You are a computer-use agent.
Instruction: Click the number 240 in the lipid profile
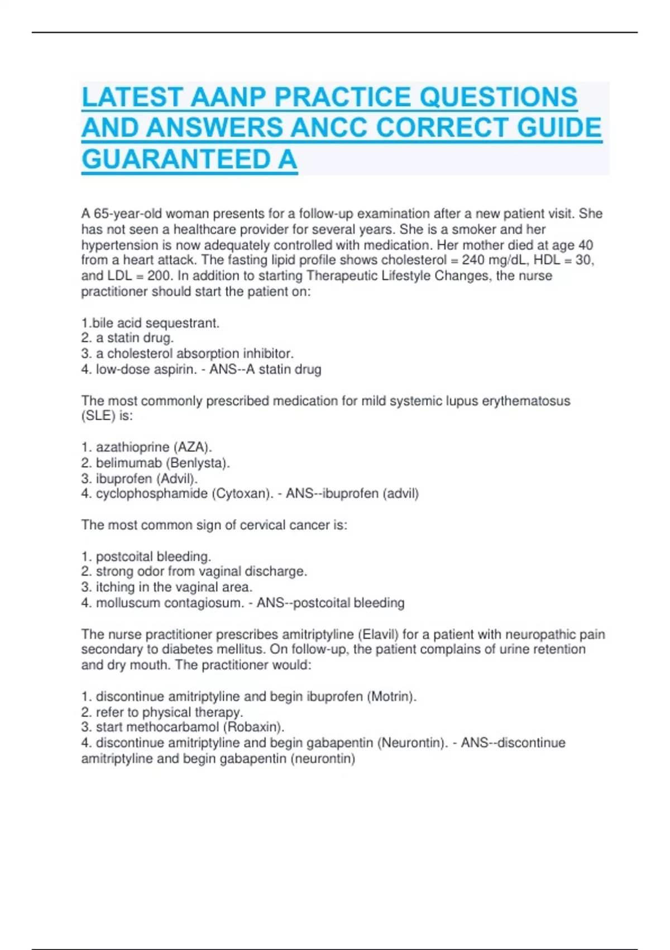pyautogui.click(x=473, y=260)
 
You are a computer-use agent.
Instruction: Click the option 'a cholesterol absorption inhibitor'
pyautogui.click(x=194, y=354)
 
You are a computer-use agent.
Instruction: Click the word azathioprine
pyautogui.click(x=132, y=447)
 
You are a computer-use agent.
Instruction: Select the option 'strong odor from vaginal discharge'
pyautogui.click(x=201, y=572)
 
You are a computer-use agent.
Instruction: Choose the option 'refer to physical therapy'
pyautogui.click(x=169, y=712)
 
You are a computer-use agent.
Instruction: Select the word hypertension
pyautogui.click(x=119, y=245)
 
